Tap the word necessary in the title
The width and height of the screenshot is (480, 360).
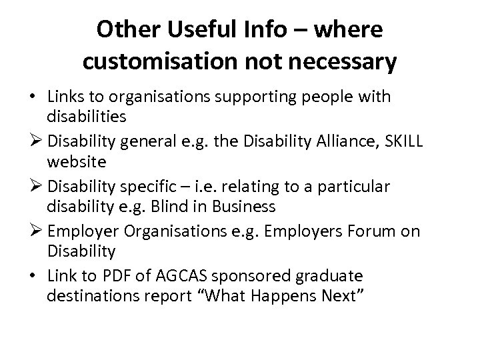point(343,62)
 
